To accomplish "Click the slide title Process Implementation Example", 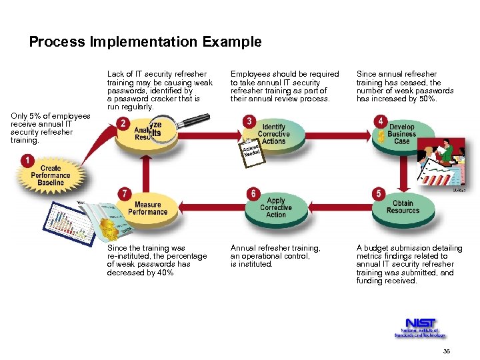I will [x=145, y=42].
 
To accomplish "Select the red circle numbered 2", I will [x=123, y=123].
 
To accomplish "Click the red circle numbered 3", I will [x=249, y=121].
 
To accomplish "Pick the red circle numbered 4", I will [x=379, y=121].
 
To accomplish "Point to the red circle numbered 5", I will [x=379, y=193].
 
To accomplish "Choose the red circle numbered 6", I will [x=253, y=193].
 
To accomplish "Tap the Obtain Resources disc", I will [x=403, y=207].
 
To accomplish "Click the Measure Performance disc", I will [x=147, y=209].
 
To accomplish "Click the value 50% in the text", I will [x=427, y=99].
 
